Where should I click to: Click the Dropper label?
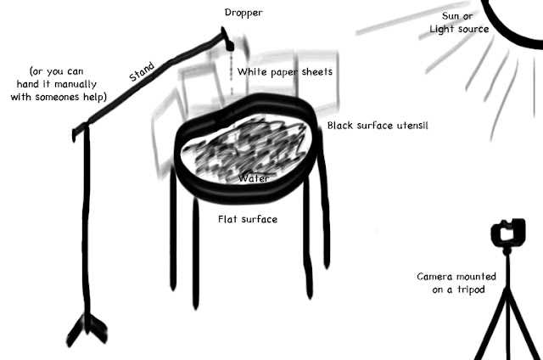(x=244, y=13)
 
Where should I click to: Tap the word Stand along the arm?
(x=142, y=71)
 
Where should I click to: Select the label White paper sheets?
(x=285, y=72)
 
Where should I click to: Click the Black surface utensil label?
(x=378, y=126)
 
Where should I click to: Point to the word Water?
(x=254, y=178)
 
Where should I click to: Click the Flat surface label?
(x=248, y=219)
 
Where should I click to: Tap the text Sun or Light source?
(x=459, y=23)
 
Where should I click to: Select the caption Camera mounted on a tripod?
(x=456, y=283)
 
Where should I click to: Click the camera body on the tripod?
(x=508, y=233)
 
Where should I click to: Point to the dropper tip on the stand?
(x=229, y=46)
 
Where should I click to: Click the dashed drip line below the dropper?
(x=232, y=73)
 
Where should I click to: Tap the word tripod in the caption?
(x=471, y=290)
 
